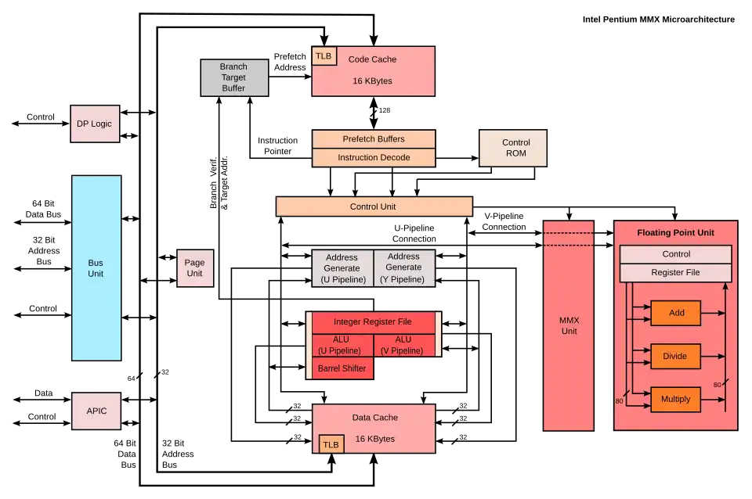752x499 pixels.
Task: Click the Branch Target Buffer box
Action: click(233, 77)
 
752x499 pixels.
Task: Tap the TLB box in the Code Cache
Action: click(323, 56)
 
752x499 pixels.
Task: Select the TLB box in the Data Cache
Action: click(331, 444)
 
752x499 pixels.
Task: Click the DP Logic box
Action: click(95, 124)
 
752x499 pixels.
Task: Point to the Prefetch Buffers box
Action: click(374, 139)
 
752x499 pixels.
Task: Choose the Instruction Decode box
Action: click(374, 157)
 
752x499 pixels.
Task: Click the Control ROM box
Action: click(515, 148)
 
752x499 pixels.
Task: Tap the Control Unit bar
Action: click(374, 206)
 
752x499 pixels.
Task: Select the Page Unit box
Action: click(194, 268)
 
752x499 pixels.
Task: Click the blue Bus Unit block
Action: click(96, 268)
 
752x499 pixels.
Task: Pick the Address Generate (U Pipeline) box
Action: click(342, 268)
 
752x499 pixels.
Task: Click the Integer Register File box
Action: click(373, 322)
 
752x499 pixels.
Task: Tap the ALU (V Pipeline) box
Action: click(403, 345)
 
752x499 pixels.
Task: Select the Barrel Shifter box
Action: click(342, 368)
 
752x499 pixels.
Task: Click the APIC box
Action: click(96, 411)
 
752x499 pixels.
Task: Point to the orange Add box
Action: click(676, 313)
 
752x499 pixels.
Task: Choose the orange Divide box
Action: click(674, 356)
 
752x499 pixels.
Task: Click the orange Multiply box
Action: click(675, 399)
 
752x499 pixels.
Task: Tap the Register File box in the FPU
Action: click(675, 272)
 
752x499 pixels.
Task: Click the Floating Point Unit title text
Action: click(675, 233)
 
